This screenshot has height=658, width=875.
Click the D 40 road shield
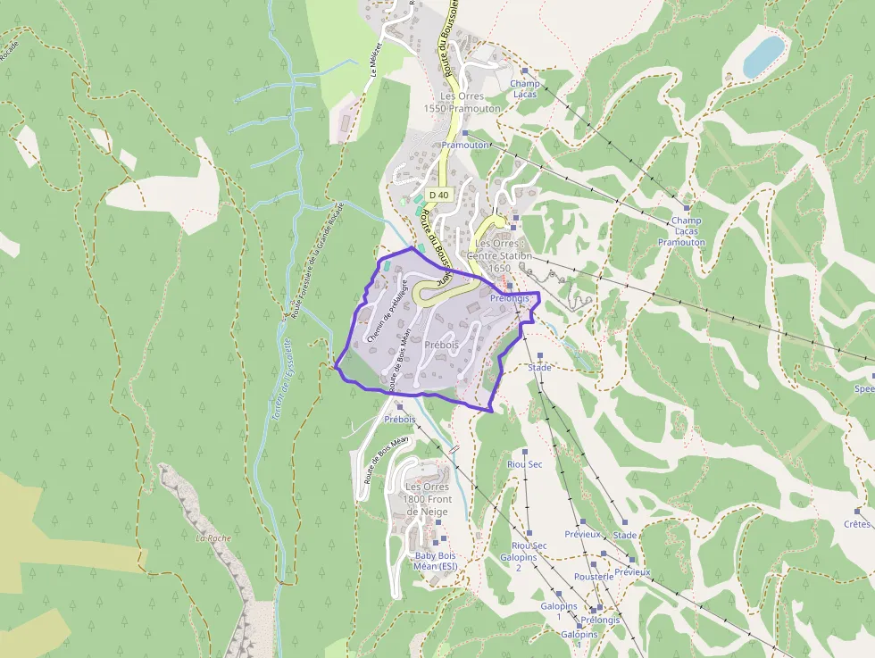(438, 194)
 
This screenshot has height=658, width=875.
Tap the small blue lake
(763, 55)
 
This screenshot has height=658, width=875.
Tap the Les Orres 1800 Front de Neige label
(428, 499)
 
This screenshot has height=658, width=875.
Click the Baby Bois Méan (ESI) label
(436, 560)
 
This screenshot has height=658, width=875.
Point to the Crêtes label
(856, 524)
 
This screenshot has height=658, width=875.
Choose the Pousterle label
(594, 577)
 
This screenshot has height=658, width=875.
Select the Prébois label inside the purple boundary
(441, 344)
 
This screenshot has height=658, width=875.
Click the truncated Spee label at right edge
(863, 388)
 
